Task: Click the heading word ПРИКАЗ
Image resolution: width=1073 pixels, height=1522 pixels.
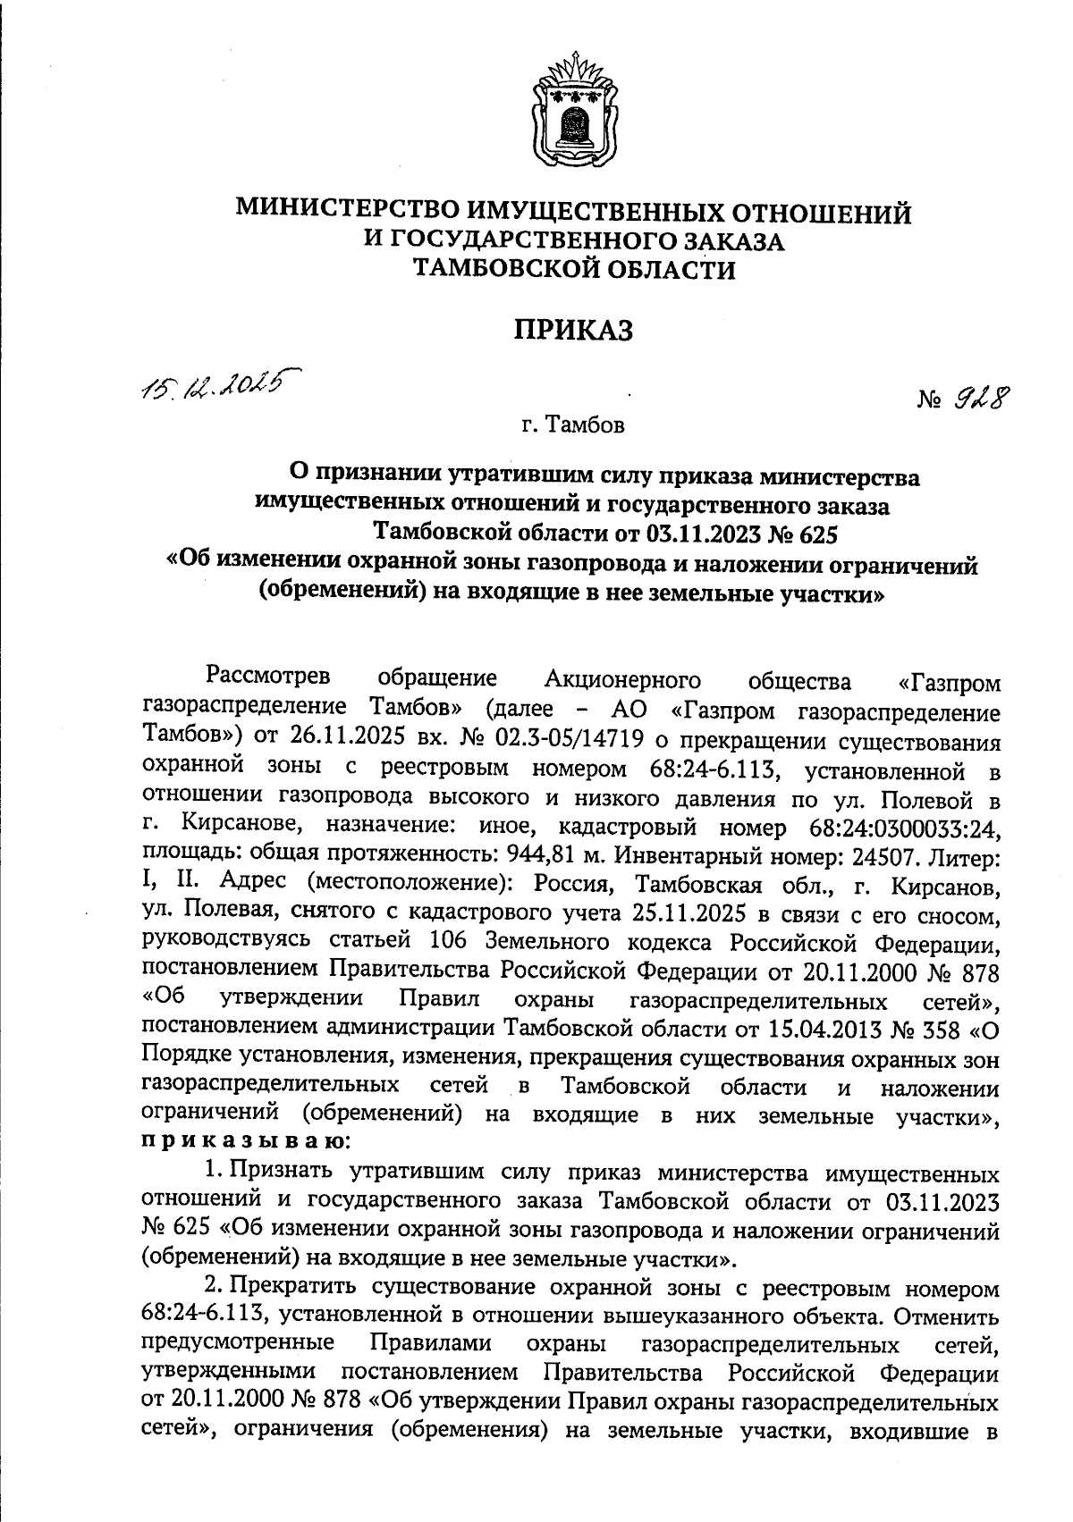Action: coord(573,330)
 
